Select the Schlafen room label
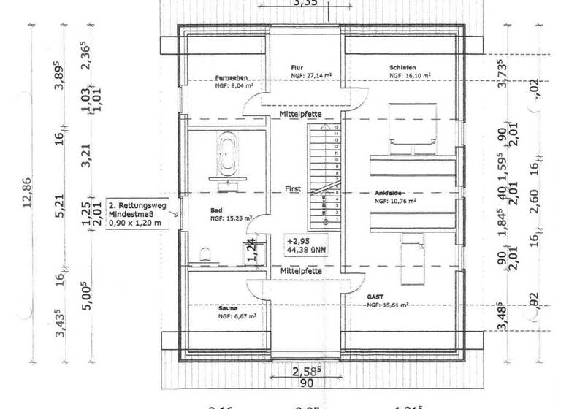point(402,67)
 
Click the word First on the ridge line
point(293,188)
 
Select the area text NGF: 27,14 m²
point(312,75)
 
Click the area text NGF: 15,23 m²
point(231,218)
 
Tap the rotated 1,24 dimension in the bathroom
point(250,249)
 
